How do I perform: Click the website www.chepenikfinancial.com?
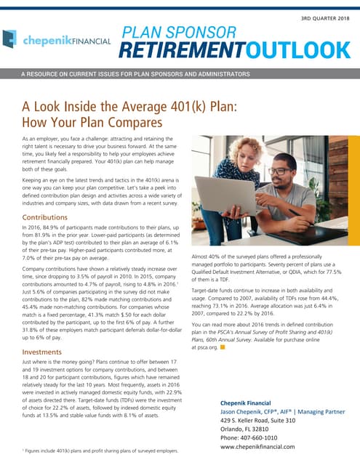[268, 448]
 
